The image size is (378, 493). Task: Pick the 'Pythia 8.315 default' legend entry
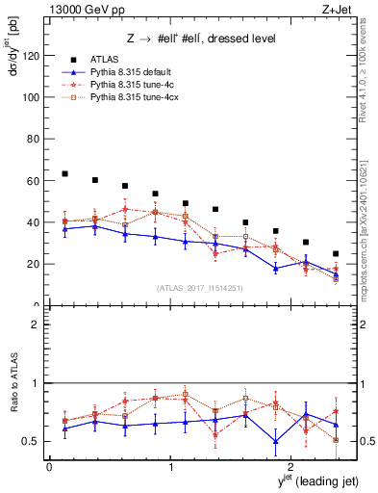(x=136, y=71)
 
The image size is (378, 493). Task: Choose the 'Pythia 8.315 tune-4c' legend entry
(x=136, y=84)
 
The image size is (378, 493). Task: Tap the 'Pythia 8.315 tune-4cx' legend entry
(x=138, y=97)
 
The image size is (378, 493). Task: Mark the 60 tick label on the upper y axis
(x=34, y=181)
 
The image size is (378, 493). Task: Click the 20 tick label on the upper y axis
(x=34, y=264)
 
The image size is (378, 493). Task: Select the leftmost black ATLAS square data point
(x=64, y=174)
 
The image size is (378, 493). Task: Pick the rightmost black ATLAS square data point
(x=336, y=254)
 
